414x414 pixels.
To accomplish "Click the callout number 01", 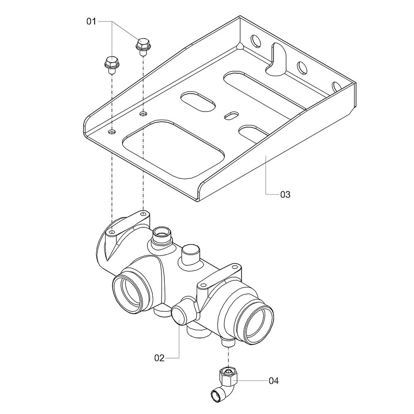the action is click(91, 22).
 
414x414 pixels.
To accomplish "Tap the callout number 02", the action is click(159, 358).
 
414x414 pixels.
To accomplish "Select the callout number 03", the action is click(285, 195).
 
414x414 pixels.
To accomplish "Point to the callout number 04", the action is click(274, 381).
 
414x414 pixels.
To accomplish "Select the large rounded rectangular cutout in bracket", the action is click(173, 149).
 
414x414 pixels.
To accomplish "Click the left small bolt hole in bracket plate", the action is click(112, 131).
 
